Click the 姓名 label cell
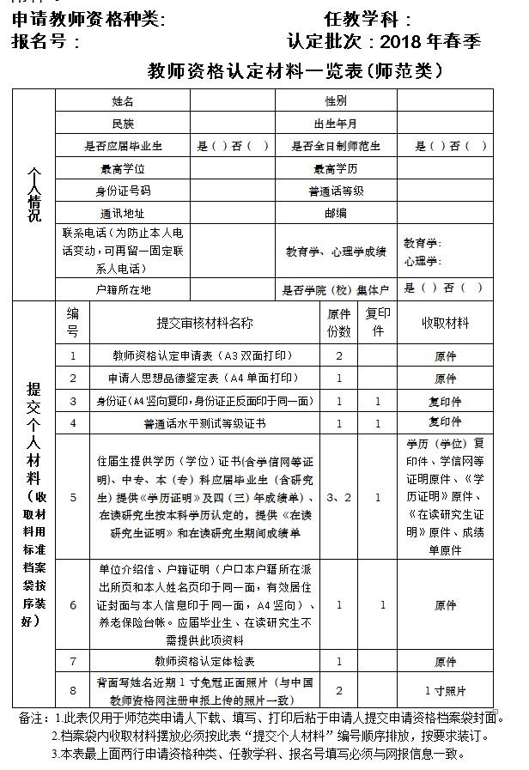click(124, 102)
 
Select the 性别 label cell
click(335, 102)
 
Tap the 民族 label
click(124, 124)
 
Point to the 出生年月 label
click(335, 124)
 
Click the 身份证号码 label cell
click(124, 191)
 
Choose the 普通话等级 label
click(335, 191)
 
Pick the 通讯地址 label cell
click(124, 213)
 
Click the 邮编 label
click(335, 213)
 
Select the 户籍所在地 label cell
click(124, 290)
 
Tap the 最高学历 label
click(335, 168)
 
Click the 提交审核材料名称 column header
click(204, 323)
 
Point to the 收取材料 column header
click(445, 323)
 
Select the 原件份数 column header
click(339, 323)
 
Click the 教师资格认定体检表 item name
click(204, 662)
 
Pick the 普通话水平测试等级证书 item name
click(204, 423)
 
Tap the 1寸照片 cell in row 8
click(445, 690)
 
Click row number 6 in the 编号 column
click(73, 605)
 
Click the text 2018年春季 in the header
click(430, 41)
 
